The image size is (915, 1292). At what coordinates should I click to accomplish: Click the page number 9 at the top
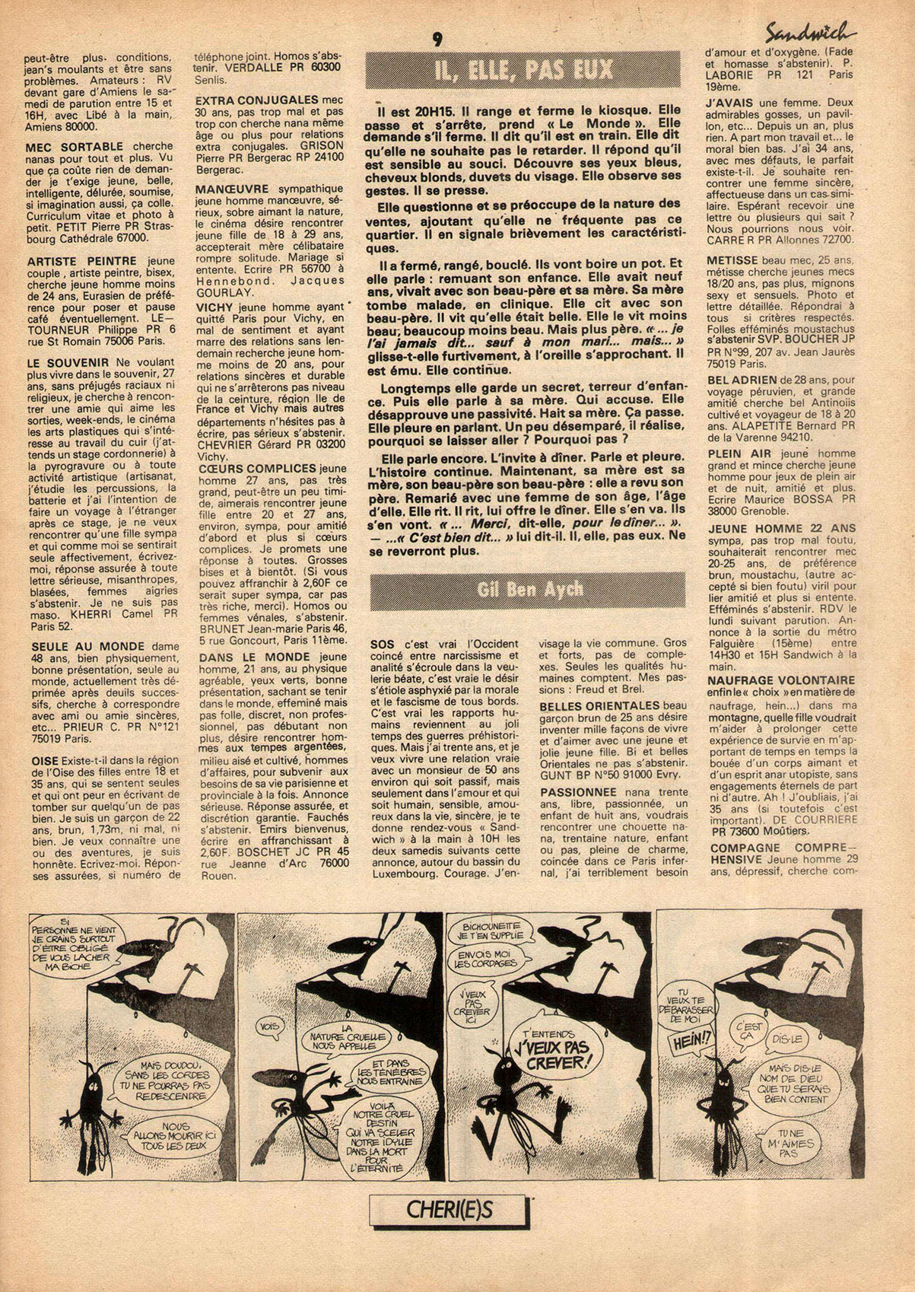(437, 40)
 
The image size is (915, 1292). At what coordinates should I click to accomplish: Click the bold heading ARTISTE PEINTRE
(69, 261)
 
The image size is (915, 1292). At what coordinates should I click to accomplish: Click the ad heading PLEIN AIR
(733, 453)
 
